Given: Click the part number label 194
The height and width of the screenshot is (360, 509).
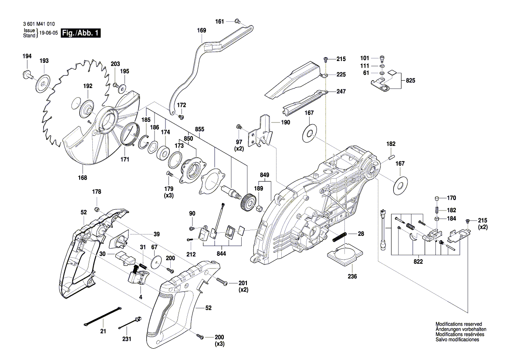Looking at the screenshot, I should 27,56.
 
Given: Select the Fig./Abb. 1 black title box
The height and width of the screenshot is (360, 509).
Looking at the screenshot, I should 81,33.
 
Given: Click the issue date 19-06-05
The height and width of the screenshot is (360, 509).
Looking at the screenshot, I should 48,33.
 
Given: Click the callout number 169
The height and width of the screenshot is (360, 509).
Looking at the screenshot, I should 201,31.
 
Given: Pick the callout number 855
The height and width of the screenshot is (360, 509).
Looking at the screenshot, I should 199,129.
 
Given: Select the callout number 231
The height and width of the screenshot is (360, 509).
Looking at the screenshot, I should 126,338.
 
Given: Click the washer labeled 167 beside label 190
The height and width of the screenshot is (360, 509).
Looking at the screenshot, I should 310,133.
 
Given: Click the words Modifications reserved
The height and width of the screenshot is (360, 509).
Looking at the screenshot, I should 458,324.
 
